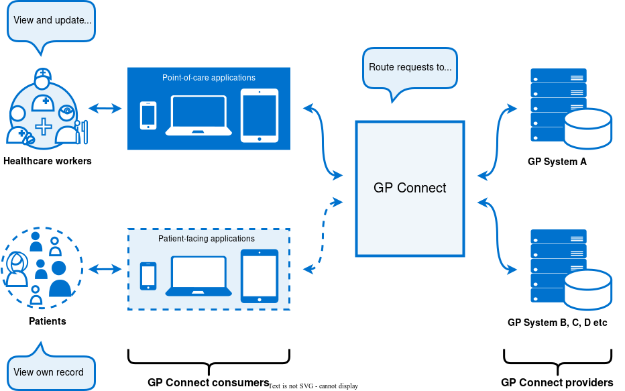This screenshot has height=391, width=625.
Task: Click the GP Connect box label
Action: [x=410, y=188]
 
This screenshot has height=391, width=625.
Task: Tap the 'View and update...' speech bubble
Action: [x=52, y=20]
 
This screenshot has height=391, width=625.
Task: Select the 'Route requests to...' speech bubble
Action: [x=410, y=67]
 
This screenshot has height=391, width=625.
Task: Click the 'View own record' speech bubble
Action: [x=49, y=372]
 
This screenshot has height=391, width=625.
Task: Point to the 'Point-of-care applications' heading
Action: [x=209, y=78]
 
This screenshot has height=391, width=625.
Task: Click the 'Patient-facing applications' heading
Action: [x=207, y=239]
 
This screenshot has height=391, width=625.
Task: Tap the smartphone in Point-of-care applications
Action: [x=148, y=115]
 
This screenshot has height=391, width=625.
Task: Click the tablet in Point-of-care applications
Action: [x=260, y=115]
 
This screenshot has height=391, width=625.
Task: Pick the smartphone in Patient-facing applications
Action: [x=148, y=276]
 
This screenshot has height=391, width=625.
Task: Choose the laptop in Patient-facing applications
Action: [x=198, y=276]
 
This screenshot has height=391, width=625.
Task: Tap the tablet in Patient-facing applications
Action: [x=260, y=276]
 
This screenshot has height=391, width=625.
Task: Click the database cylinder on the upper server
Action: [x=587, y=128]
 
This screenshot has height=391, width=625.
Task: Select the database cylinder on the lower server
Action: [x=587, y=289]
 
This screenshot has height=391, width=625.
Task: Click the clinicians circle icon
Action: [x=44, y=114]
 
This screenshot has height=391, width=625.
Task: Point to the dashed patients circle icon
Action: [x=42, y=268]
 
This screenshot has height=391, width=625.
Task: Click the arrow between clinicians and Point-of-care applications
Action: [x=105, y=108]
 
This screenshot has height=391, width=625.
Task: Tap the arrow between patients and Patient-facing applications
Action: [x=105, y=269]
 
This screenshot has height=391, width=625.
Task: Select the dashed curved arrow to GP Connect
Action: [x=323, y=235]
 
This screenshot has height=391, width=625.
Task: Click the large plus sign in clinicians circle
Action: [x=44, y=126]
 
